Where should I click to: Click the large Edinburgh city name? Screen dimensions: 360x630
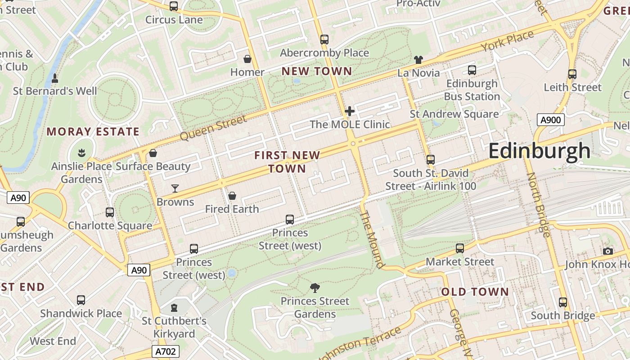[539, 151]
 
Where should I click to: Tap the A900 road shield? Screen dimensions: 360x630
[551, 120]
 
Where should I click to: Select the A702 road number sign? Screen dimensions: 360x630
[166, 351]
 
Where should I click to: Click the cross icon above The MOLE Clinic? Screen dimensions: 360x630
[349, 111]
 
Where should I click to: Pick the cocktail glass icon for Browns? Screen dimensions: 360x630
[175, 188]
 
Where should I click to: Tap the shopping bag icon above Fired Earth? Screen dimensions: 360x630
[232, 196]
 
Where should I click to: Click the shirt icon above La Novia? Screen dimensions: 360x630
[418, 59]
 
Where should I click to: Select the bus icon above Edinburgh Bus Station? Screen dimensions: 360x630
[472, 70]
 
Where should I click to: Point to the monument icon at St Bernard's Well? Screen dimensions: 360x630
[55, 78]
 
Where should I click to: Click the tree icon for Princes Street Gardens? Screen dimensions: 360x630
[315, 288]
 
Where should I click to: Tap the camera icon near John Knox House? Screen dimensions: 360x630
[608, 251]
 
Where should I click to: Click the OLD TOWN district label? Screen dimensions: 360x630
[475, 292]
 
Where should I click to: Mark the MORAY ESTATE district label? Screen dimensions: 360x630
[93, 132]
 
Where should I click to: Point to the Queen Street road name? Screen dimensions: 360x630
[213, 127]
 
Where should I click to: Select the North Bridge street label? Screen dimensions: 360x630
[538, 205]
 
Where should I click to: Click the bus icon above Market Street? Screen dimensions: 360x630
[459, 248]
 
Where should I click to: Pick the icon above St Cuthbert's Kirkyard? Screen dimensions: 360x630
[174, 308]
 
